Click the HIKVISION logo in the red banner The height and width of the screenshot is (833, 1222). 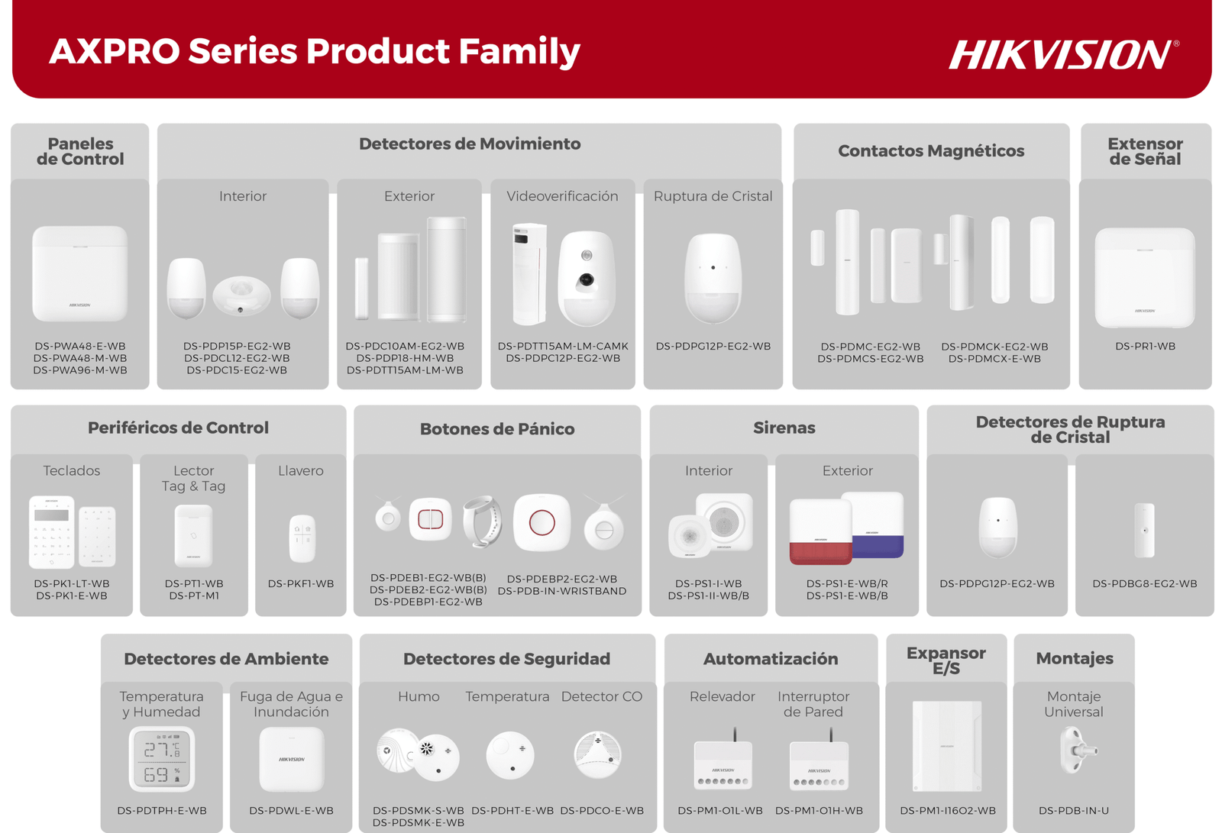coord(1063,54)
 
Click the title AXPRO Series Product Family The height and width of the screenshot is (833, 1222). coord(314,51)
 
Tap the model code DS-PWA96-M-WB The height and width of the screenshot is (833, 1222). coord(80,370)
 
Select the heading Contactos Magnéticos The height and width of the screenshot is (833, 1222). coord(931,150)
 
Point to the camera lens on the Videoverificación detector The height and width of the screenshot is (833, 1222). coord(587,279)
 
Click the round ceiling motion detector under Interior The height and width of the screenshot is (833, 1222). coord(241,295)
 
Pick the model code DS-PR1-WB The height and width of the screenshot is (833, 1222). coord(1145,346)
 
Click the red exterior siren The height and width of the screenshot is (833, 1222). coord(820,532)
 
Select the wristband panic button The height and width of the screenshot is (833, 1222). coord(482,521)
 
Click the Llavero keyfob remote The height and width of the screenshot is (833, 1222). coord(302,538)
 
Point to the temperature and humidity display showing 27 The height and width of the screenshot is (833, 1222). coord(162,759)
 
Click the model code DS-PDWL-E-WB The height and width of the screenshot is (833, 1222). coord(291,811)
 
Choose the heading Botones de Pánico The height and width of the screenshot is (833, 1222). coord(497,429)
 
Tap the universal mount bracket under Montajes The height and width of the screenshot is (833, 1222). coord(1076,750)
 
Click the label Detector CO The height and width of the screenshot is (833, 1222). coord(602,696)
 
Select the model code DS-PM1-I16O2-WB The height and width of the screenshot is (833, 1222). coord(948,811)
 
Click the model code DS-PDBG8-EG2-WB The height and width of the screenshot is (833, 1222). coord(1145,583)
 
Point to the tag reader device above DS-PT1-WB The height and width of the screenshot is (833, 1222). coord(194,536)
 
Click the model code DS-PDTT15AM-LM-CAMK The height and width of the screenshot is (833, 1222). coord(563,346)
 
